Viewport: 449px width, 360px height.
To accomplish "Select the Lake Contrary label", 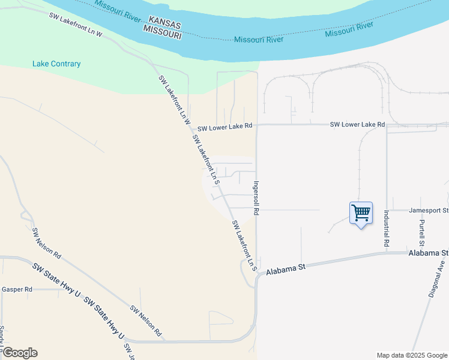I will point(56,64).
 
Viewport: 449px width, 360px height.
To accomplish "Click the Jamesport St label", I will point(429,211).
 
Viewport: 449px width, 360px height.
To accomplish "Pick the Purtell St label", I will point(422,233).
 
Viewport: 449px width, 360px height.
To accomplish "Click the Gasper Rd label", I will point(17,289).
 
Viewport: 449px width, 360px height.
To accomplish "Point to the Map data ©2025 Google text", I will point(412,355).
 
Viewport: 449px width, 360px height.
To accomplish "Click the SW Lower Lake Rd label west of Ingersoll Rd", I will point(225,128).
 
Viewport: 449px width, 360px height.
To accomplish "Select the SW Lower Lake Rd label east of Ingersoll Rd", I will point(358,124).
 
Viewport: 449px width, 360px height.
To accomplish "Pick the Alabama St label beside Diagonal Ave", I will point(429,254).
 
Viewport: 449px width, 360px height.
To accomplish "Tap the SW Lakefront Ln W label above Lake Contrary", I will point(76,25).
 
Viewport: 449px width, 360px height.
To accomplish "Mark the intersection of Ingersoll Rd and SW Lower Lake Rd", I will point(257,125).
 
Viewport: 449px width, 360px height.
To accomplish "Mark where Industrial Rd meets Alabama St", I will point(386,253).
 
